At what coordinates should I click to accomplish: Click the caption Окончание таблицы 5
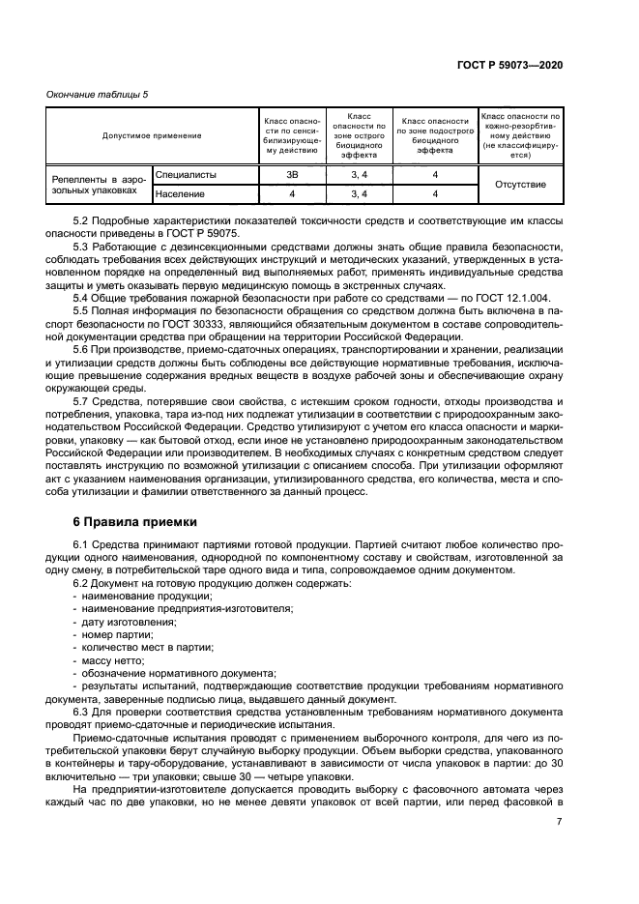98,94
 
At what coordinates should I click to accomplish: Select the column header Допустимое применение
152,135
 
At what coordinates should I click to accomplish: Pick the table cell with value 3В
287,175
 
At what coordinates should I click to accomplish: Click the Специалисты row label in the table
185,175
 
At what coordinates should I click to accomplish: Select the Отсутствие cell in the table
520,185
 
